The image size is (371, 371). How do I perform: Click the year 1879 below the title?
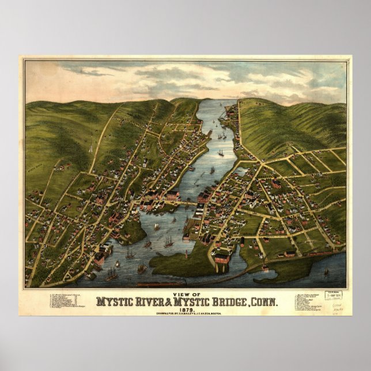coord(185,309)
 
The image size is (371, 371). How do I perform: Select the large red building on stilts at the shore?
coord(222,259)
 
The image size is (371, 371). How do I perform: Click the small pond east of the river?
coord(242,171)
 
